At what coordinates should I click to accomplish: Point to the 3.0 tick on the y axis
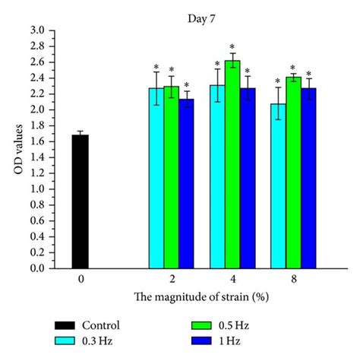click(46, 30)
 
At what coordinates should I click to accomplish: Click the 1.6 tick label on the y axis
click(46, 141)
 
